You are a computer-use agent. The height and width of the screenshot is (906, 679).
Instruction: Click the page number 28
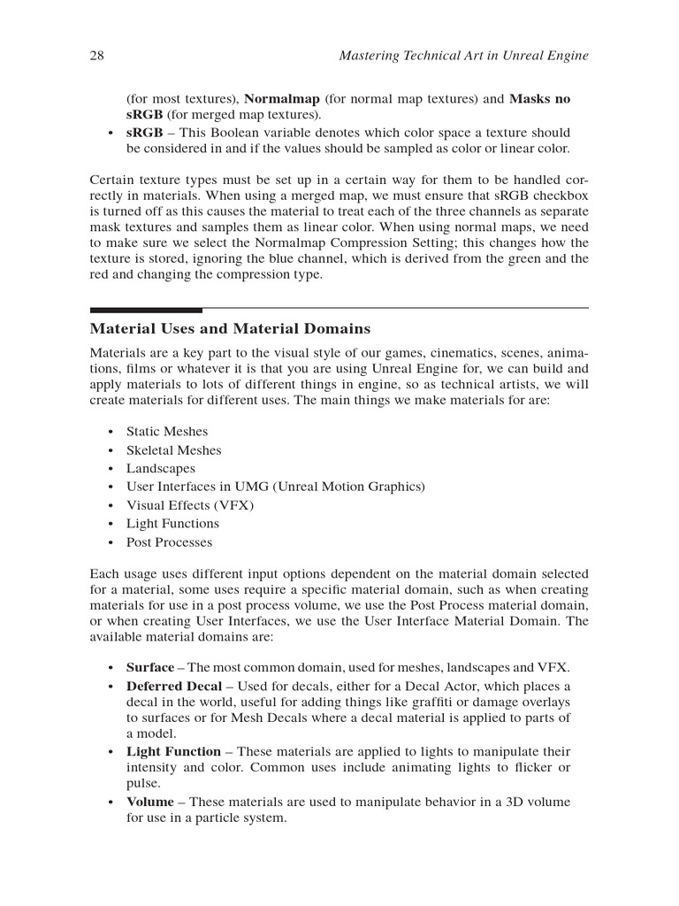pos(97,56)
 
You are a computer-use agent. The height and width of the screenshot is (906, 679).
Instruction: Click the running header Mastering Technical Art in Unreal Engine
pos(464,56)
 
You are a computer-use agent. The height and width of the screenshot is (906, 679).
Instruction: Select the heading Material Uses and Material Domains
pos(230,329)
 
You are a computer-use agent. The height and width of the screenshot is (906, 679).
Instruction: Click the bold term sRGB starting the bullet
pos(144,132)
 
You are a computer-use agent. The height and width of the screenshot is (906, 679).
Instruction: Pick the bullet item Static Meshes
pos(167,432)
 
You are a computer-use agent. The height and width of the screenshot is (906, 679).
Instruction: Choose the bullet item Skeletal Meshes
pos(173,450)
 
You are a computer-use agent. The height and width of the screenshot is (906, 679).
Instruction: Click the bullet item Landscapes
pos(160,469)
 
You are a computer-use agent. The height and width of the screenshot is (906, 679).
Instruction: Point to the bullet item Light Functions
pos(172,524)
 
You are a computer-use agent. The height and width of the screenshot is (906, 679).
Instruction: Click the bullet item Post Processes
pos(169,542)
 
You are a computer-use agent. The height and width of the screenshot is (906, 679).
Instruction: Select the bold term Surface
pos(150,667)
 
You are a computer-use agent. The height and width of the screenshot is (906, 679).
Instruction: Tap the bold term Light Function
pos(173,750)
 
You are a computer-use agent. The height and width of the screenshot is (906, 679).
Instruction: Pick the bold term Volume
pos(149,802)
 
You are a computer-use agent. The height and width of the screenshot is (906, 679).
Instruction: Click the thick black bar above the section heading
pos(146,310)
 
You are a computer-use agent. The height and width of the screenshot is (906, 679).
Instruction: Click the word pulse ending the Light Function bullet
pos(143,782)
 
